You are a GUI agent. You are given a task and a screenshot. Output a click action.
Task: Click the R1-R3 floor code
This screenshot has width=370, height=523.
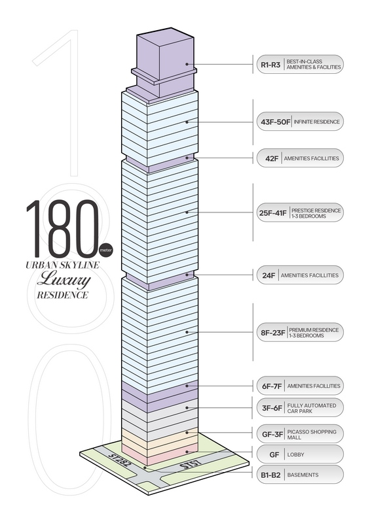[x=270, y=65]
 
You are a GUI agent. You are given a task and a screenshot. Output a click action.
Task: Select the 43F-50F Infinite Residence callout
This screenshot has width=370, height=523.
[x=300, y=122]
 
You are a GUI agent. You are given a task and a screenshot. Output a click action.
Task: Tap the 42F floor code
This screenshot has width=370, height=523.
[x=272, y=158]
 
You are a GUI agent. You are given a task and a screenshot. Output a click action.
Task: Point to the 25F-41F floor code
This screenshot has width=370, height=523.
[x=272, y=213]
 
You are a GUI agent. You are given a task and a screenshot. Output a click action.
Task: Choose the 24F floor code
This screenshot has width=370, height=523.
[x=268, y=275]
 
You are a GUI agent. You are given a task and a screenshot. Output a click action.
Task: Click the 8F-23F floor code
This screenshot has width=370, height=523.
[x=273, y=333]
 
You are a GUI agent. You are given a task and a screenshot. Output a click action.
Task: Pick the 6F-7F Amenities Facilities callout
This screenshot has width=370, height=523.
[x=300, y=386]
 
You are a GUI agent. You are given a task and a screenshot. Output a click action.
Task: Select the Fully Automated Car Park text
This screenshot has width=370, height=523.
[x=312, y=408]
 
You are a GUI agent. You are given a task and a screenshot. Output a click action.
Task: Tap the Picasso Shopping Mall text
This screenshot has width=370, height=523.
[x=312, y=435]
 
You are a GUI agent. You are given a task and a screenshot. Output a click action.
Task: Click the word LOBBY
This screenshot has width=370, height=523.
[x=296, y=454]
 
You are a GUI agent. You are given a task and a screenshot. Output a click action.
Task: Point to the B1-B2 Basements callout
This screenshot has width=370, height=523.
[x=300, y=475]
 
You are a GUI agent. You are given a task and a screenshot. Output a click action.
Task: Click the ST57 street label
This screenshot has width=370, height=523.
[x=191, y=465]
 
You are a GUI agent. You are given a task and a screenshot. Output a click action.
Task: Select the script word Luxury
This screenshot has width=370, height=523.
[x=64, y=280]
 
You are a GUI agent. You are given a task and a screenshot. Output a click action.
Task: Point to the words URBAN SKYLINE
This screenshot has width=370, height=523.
[x=62, y=265]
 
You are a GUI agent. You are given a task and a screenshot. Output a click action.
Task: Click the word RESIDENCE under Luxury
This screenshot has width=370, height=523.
[x=62, y=295]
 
